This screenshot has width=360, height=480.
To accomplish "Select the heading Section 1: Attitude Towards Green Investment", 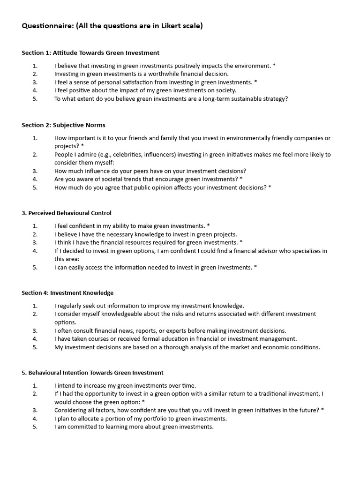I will tap(90, 53).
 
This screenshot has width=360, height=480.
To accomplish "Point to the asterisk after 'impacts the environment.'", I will tap(274, 66).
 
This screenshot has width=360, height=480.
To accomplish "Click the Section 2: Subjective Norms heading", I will tap(63, 125).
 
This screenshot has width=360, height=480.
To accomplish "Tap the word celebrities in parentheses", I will tap(130, 154).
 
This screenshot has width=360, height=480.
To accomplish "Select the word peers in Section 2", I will tap(135, 171).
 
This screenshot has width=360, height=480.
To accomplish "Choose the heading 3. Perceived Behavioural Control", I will tap(67, 213).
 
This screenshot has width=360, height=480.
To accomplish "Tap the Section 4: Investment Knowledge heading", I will tap(67, 293).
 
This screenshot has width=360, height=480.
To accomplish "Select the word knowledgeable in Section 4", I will tap(114, 314).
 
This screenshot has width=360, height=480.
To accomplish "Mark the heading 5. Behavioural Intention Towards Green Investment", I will tap(92, 373).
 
